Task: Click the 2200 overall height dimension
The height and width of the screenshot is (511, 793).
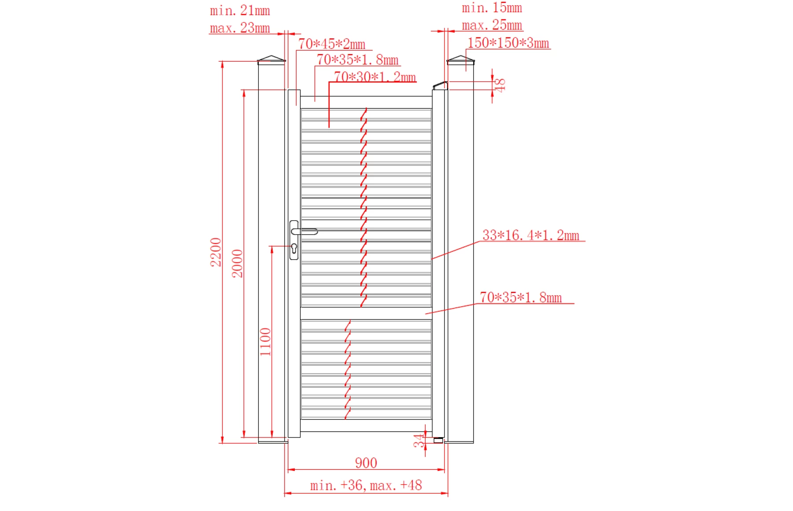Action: pyautogui.click(x=216, y=252)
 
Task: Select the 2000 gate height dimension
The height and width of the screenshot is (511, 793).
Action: pyautogui.click(x=237, y=263)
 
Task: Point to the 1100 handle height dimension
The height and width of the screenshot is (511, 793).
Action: pyautogui.click(x=265, y=342)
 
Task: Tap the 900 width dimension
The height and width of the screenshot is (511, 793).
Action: pyautogui.click(x=366, y=463)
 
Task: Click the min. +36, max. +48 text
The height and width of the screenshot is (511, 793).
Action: pyautogui.click(x=366, y=485)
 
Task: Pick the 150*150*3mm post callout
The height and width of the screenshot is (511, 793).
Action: pyautogui.click(x=508, y=43)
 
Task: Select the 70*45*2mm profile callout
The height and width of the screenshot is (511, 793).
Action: pyautogui.click(x=332, y=44)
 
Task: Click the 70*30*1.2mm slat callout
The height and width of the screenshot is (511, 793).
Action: pyautogui.click(x=375, y=77)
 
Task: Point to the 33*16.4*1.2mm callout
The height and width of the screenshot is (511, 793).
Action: pyautogui.click(x=530, y=235)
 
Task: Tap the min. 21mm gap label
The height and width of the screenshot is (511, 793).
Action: pyautogui.click(x=240, y=11)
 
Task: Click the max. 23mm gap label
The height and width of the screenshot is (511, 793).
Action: pyautogui.click(x=240, y=28)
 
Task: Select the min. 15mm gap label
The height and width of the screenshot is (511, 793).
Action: pyautogui.click(x=492, y=8)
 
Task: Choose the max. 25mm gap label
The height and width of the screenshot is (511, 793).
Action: pyautogui.click(x=492, y=25)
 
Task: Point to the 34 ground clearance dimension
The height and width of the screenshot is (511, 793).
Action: pyautogui.click(x=418, y=441)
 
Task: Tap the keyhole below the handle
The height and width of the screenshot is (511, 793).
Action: pyautogui.click(x=294, y=248)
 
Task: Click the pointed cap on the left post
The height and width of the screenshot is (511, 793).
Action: pyautogui.click(x=271, y=59)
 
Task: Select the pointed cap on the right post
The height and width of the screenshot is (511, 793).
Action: pyautogui.click(x=460, y=59)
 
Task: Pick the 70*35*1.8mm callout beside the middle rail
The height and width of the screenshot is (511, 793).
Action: pyautogui.click(x=520, y=298)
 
